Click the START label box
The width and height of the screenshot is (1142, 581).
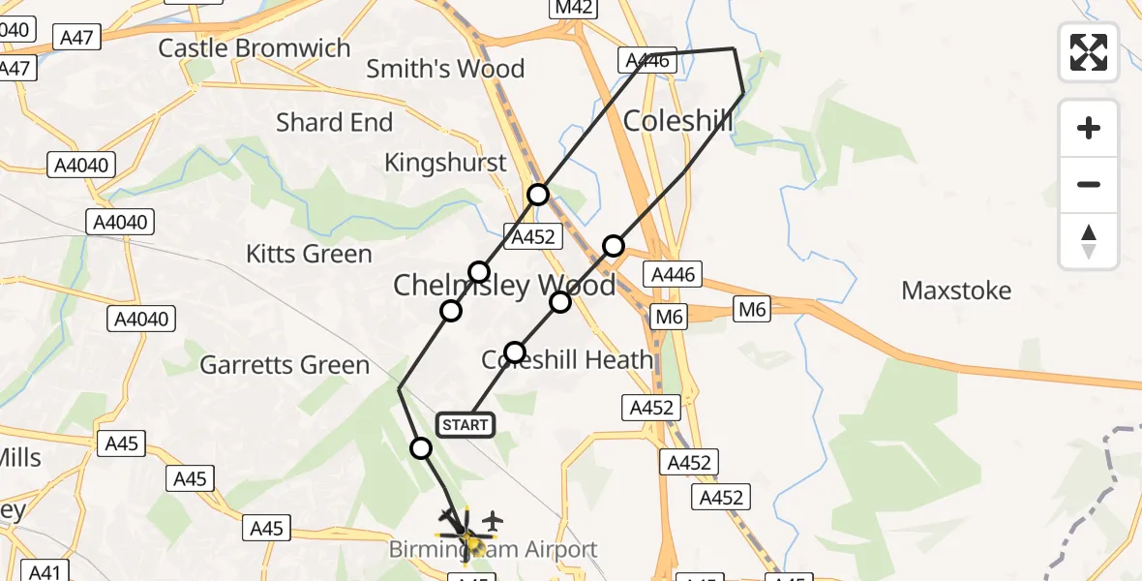point(466,425)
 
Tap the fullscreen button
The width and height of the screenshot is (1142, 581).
point(1089,52)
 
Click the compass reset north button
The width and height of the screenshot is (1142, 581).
point(1089,241)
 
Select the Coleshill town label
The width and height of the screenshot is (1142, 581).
point(677,121)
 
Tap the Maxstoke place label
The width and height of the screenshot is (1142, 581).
point(956,290)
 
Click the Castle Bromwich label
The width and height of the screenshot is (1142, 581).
point(254,47)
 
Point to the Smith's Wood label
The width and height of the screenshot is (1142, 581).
point(445,69)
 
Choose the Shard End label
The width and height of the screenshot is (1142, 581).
point(334,123)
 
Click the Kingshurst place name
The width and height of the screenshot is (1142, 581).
point(445,163)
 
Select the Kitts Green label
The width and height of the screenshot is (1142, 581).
point(309,254)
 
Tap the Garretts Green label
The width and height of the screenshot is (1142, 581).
point(285,365)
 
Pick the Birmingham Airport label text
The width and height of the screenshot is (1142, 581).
point(493,550)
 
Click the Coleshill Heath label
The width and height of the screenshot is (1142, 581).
point(567,360)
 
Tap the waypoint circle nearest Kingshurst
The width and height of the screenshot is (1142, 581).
point(538,195)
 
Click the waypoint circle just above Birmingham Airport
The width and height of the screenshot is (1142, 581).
point(421,448)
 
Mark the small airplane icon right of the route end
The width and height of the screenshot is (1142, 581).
point(493,521)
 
